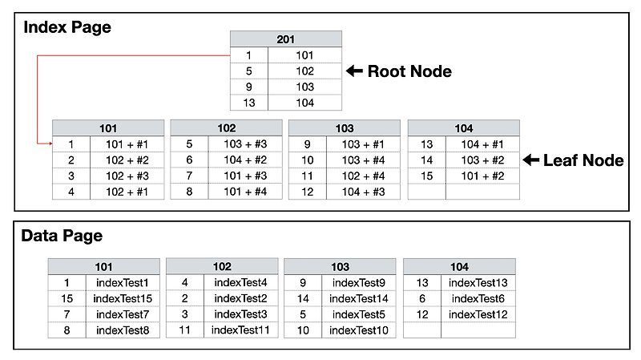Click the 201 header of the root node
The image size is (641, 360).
(286, 39)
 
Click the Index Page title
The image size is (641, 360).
(67, 27)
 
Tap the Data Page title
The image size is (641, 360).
(62, 236)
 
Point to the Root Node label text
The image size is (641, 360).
(409, 71)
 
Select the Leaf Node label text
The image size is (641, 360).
(583, 160)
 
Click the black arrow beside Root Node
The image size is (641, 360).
(354, 71)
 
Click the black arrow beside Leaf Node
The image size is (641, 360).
(531, 160)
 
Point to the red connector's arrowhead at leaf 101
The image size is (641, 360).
(51, 144)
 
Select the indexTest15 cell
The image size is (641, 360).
(123, 298)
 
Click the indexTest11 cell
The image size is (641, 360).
(241, 330)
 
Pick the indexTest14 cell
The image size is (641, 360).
(359, 298)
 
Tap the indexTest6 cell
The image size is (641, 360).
(478, 298)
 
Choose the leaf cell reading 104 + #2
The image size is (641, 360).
(245, 160)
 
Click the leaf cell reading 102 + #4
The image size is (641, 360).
(364, 176)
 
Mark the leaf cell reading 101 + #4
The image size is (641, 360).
(245, 192)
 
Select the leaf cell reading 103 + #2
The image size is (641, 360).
(483, 160)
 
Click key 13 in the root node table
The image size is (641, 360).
(249, 103)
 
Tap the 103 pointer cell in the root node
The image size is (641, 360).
(305, 87)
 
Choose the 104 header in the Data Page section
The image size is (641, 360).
(459, 267)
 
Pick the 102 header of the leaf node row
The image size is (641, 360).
(227, 128)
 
